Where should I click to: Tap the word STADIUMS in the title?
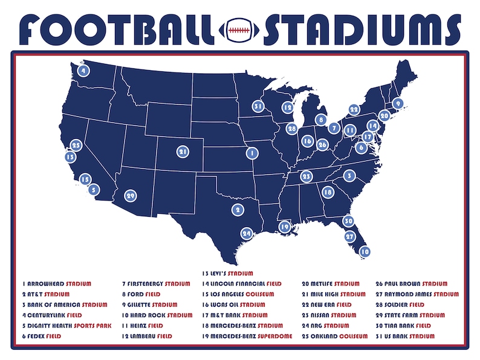360,28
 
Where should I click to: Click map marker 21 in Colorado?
183,151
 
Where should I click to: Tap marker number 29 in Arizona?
130,195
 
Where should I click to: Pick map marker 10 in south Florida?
365,251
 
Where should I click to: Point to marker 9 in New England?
397,104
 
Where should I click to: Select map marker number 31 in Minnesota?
258,106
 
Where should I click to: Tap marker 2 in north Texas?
237,210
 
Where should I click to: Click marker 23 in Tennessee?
306,176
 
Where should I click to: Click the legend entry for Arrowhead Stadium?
57,283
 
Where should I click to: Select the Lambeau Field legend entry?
148,336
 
